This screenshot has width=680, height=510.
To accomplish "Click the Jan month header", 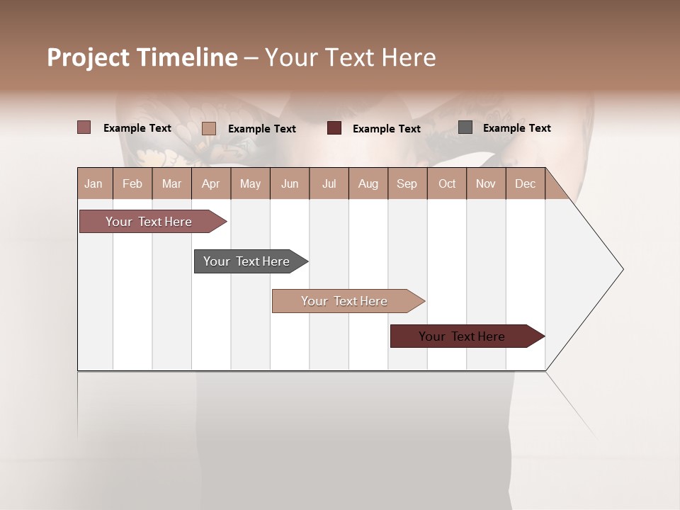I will [x=93, y=183].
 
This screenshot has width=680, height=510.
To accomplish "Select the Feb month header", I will [x=132, y=183].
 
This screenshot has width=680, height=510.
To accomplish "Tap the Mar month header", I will [x=171, y=183].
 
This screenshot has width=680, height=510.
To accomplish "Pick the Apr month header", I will [x=210, y=183].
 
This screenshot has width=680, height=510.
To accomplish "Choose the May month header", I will [x=250, y=183].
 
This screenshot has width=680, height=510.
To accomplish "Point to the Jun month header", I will [x=290, y=183].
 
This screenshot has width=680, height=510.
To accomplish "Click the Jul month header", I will [x=329, y=183].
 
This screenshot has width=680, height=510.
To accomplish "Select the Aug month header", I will [x=368, y=183].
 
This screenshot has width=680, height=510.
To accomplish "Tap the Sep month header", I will [x=407, y=183].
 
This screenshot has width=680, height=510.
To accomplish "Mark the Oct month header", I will [x=447, y=183].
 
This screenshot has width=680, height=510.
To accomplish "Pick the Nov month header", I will [x=486, y=183].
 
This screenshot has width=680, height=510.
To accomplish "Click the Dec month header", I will [x=525, y=183].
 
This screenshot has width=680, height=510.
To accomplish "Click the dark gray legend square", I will [x=465, y=127].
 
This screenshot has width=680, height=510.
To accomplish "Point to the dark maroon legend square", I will [x=334, y=128].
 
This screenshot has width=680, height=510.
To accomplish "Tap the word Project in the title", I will [x=89, y=57].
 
